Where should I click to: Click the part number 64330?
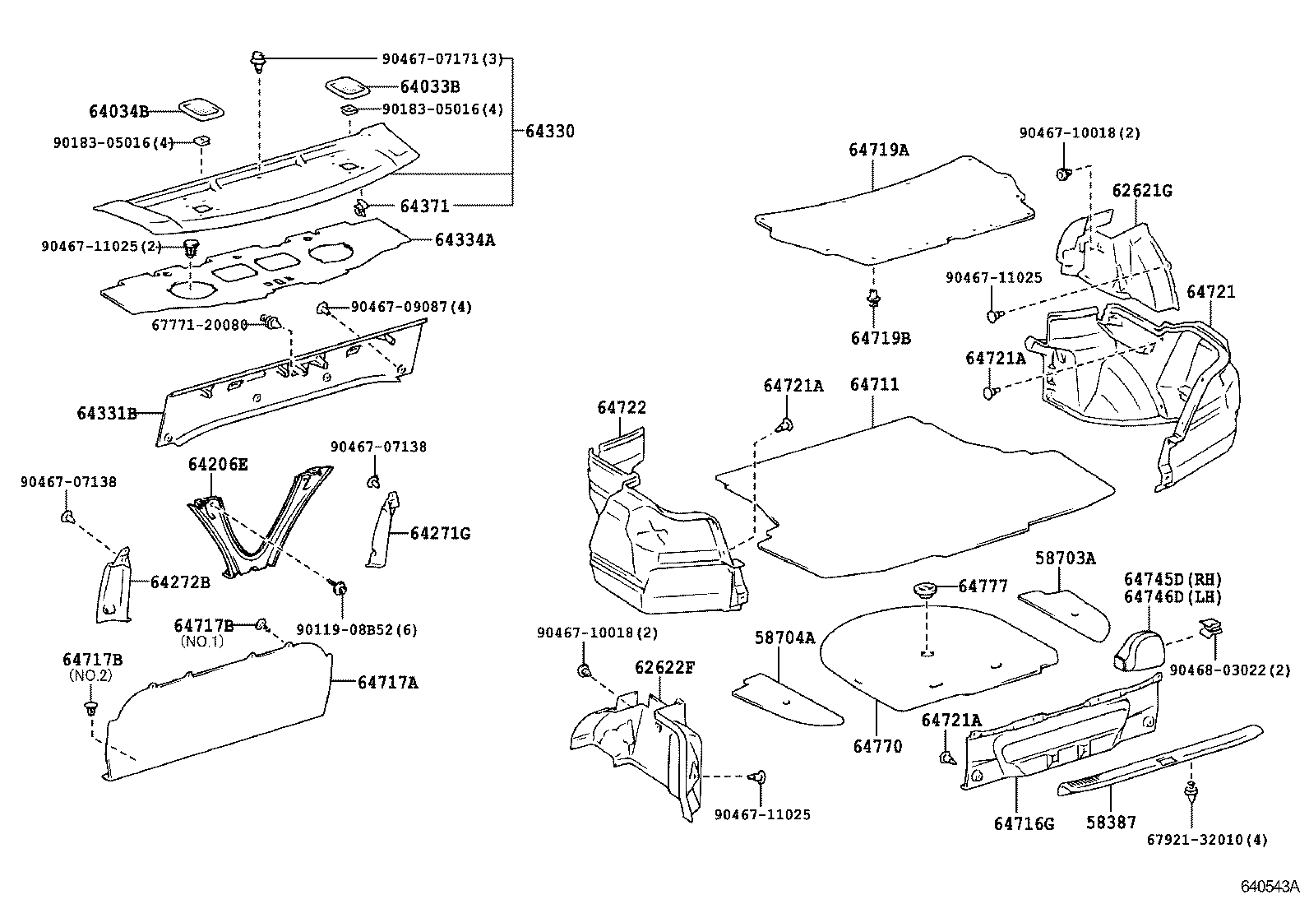click(x=549, y=132)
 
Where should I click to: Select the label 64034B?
click(x=118, y=110)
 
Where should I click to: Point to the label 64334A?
click(x=465, y=240)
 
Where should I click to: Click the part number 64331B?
click(x=107, y=413)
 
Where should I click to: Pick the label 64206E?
click(x=217, y=464)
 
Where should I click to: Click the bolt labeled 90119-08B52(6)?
click(x=338, y=587)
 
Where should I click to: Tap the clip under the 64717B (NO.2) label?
click(x=90, y=707)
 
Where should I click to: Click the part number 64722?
click(x=622, y=407)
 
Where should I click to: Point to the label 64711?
click(x=874, y=384)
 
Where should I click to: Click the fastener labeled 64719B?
click(x=874, y=300)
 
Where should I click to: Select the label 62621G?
click(x=1142, y=191)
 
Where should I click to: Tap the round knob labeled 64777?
click(x=925, y=589)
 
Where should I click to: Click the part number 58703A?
click(x=1065, y=559)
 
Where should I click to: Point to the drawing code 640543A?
click(x=1270, y=887)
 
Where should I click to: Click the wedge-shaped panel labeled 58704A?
click(x=787, y=698)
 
